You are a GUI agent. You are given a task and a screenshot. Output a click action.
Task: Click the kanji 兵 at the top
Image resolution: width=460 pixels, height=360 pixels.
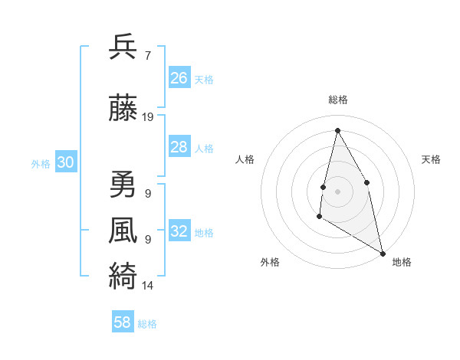pyautogui.click(x=123, y=47)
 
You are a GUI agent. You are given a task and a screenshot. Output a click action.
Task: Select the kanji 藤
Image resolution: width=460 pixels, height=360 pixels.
pyautogui.click(x=123, y=110)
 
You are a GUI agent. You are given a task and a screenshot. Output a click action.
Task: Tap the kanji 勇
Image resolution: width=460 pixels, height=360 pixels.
pyautogui.click(x=123, y=185)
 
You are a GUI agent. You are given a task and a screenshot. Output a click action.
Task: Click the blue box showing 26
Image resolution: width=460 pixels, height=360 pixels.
pyautogui.click(x=179, y=78)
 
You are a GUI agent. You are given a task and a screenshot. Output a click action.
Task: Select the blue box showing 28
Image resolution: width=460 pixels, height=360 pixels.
pyautogui.click(x=179, y=147)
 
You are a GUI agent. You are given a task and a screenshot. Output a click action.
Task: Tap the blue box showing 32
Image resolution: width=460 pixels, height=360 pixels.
pyautogui.click(x=179, y=231)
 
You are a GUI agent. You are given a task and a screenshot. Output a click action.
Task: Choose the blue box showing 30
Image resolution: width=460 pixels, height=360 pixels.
pyautogui.click(x=66, y=162)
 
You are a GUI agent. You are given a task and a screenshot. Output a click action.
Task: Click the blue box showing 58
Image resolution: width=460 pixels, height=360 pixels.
pyautogui.click(x=123, y=322)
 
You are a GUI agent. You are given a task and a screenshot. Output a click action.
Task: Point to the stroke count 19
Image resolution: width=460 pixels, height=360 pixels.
pyautogui.click(x=148, y=117)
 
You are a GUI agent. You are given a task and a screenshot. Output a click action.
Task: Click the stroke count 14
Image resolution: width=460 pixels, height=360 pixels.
pyautogui.click(x=148, y=286)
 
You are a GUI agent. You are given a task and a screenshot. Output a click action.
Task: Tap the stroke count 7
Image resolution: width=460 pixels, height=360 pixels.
pyautogui.click(x=147, y=56)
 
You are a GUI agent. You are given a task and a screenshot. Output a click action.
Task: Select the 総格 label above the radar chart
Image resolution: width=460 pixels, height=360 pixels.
pyautogui.click(x=337, y=100)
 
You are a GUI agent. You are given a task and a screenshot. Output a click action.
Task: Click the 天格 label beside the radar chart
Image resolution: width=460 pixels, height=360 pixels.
pyautogui.click(x=432, y=159)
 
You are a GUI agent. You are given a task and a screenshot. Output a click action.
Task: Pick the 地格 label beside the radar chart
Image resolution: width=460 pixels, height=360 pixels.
pyautogui.click(x=402, y=262)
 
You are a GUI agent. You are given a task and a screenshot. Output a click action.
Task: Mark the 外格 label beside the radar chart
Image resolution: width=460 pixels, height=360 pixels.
pyautogui.click(x=270, y=262)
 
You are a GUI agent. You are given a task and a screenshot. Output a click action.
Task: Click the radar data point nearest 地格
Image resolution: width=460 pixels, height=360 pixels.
pyautogui.click(x=383, y=254)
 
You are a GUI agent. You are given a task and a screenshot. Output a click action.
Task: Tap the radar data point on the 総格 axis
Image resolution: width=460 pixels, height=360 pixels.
pyautogui.click(x=337, y=129)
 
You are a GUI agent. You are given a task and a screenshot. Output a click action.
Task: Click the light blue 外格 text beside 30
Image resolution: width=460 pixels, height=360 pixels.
pyautogui.click(x=41, y=163)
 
